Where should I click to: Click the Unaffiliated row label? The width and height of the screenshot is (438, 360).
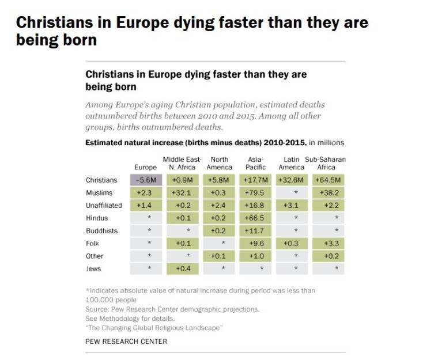pyautogui.click(x=104, y=206)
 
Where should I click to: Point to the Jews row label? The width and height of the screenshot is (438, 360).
pyautogui.click(x=93, y=269)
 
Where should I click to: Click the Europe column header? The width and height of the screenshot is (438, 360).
pyautogui.click(x=145, y=168)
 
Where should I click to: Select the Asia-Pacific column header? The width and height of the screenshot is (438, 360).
pyautogui.click(x=255, y=164)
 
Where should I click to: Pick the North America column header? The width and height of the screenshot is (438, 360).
pyautogui.click(x=219, y=164)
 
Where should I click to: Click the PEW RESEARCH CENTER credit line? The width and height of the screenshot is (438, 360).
pyautogui.click(x=126, y=342)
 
